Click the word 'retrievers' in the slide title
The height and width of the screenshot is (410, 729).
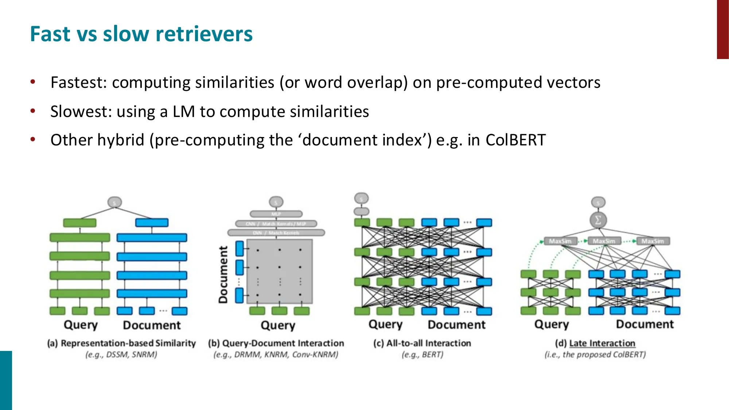pos(204,34)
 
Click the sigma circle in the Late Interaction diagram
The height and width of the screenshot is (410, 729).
pos(598,220)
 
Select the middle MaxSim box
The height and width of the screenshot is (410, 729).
pos(604,241)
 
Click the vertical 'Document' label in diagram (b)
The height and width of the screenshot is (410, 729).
pos(223,274)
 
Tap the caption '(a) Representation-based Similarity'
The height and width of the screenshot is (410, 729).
pos(121,343)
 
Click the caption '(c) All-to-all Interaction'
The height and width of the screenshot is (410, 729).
pos(422,343)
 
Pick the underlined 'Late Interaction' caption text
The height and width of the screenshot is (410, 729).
pos(602,343)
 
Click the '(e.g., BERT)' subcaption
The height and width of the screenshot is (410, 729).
pos(422,355)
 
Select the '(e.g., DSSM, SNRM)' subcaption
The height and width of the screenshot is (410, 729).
pos(121,355)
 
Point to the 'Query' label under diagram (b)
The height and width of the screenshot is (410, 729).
pos(278,325)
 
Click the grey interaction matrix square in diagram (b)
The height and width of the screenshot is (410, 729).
pos(280,272)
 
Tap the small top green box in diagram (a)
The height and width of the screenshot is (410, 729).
pos(80,223)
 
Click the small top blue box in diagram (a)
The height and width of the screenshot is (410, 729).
pos(152,223)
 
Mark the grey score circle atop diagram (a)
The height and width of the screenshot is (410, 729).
pos(114,202)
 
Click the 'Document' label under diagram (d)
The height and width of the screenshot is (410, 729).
pos(645,324)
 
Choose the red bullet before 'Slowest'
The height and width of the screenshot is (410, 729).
pos(33,111)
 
